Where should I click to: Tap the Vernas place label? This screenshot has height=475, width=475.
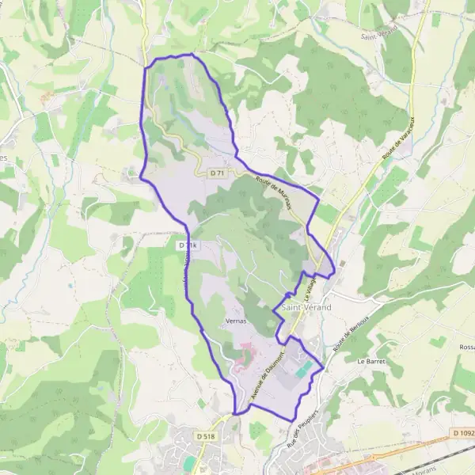[x=235, y=321]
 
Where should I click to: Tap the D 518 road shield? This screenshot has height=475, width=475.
[x=205, y=436]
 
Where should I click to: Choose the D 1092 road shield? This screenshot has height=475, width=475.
[x=462, y=432]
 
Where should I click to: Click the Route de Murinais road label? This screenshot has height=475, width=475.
[x=274, y=192]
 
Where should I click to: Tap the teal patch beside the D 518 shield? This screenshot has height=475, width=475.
[x=188, y=462]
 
